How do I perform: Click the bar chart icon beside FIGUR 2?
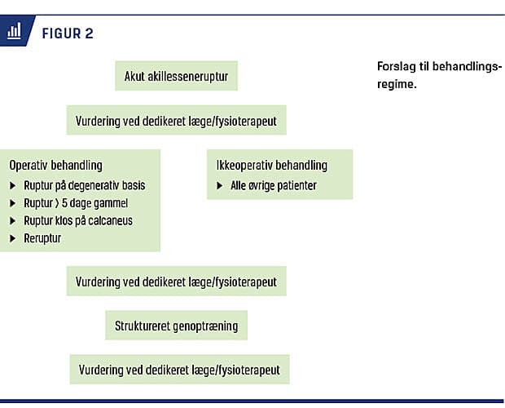pyautogui.click(x=14, y=31)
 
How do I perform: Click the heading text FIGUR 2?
pyautogui.click(x=68, y=33)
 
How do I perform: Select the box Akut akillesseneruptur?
pyautogui.click(x=177, y=76)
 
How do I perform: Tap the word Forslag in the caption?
pyautogui.click(x=397, y=67)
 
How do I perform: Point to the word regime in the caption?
pyautogui.click(x=397, y=85)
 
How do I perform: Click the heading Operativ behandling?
pyautogui.click(x=55, y=165)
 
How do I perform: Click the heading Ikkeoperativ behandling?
pyautogui.click(x=272, y=165)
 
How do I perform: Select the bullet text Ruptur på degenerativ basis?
pyautogui.click(x=85, y=185)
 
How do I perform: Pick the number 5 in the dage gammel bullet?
pyautogui.click(x=64, y=203)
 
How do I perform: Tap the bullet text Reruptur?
pyautogui.click(x=42, y=238)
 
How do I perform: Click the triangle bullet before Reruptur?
pyautogui.click(x=12, y=238)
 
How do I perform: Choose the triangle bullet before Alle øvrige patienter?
pyautogui.click(x=219, y=185)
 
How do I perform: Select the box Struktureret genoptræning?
pyautogui.click(x=176, y=326)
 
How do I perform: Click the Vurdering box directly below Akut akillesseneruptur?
pyautogui.click(x=177, y=120)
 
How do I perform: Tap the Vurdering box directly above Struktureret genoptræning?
pyautogui.click(x=177, y=281)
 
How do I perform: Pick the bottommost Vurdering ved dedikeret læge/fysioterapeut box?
pyautogui.click(x=180, y=370)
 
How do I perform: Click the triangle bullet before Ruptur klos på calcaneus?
pyautogui.click(x=12, y=220)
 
